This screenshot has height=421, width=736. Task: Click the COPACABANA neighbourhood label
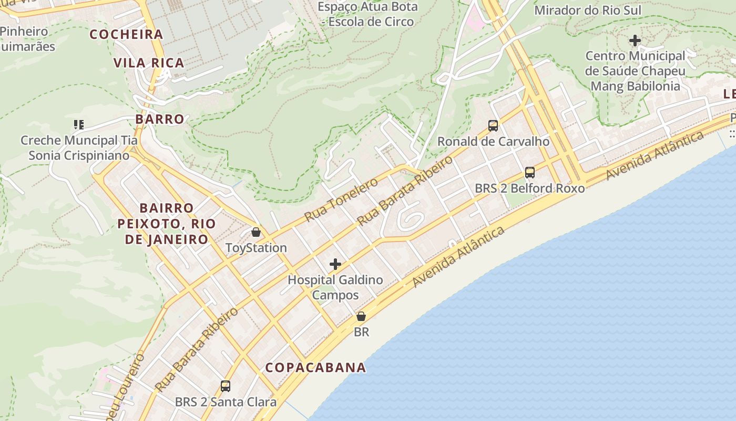[x=315, y=367]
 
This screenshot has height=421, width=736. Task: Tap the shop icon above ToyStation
[x=256, y=232]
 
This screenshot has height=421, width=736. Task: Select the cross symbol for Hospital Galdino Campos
[x=335, y=264]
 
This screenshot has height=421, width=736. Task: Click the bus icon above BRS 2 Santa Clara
[x=226, y=386]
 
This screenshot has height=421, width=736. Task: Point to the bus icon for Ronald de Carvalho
[x=493, y=126]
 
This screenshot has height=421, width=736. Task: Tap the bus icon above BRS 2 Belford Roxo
[x=530, y=173]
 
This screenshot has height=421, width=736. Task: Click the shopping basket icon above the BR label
[x=361, y=316]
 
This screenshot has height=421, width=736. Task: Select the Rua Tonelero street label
[x=341, y=199]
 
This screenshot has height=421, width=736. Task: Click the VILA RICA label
[x=149, y=63]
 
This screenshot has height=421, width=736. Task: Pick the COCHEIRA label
[x=126, y=35]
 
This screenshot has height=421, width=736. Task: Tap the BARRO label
[x=160, y=119]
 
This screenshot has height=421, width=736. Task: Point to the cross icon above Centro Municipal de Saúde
[x=635, y=41]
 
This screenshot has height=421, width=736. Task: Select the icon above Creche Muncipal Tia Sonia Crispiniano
[x=78, y=125]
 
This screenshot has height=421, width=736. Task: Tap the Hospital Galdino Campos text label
[x=335, y=287]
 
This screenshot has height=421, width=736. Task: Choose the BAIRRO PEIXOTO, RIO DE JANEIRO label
[x=167, y=224]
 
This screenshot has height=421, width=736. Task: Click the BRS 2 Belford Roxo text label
[x=529, y=188]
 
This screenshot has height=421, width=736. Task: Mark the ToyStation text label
[x=256, y=248]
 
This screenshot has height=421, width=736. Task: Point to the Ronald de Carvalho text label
[x=493, y=142]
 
